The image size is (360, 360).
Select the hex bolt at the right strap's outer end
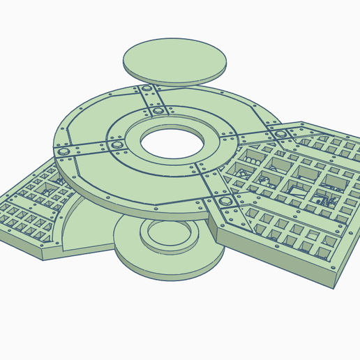280,134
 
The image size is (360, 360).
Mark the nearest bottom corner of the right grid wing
333,286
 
